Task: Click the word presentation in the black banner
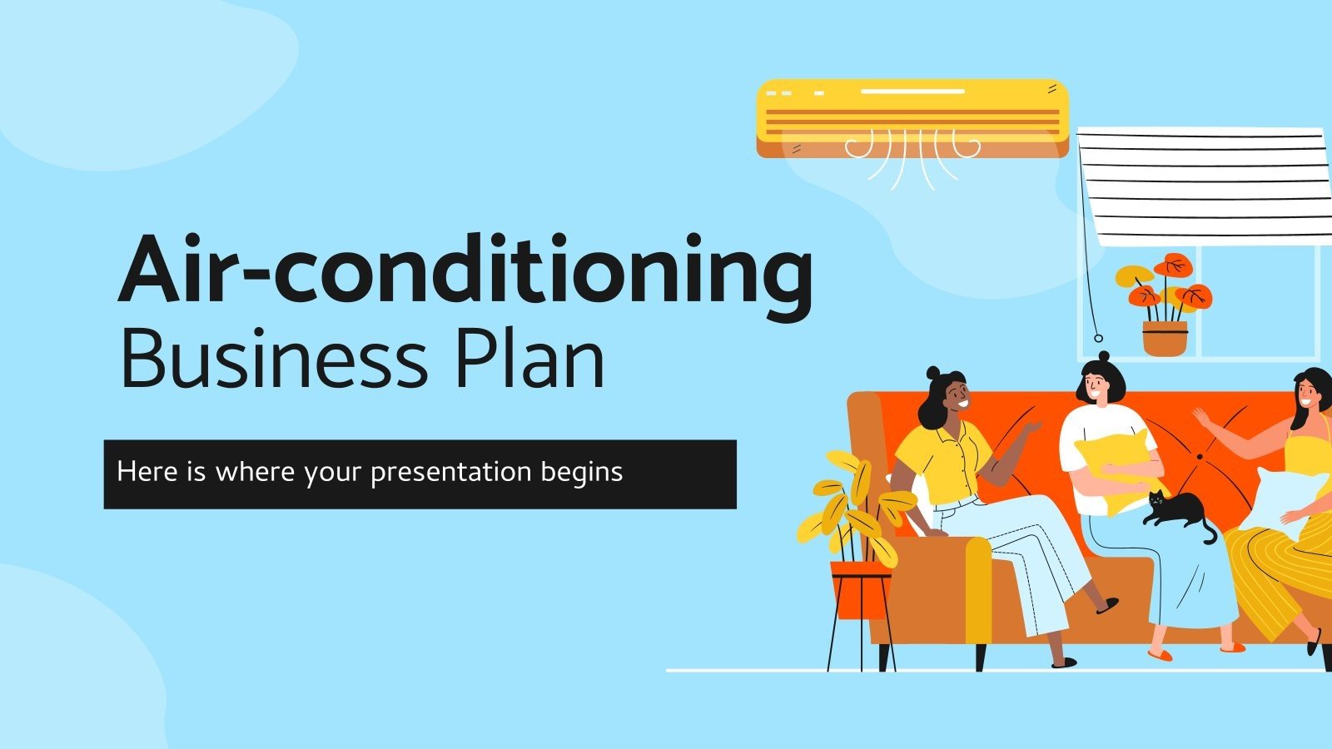pos(450,472)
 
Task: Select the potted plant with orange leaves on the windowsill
pos(1165,304)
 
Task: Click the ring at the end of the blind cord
pos(1098,338)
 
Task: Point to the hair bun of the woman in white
pos(1103,357)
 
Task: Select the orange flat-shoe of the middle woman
pos(1160,654)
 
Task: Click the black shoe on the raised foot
pos(1106,606)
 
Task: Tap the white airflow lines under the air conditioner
pos(912,158)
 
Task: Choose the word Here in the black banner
pos(137,472)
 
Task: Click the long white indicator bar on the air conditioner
pos(912,91)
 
